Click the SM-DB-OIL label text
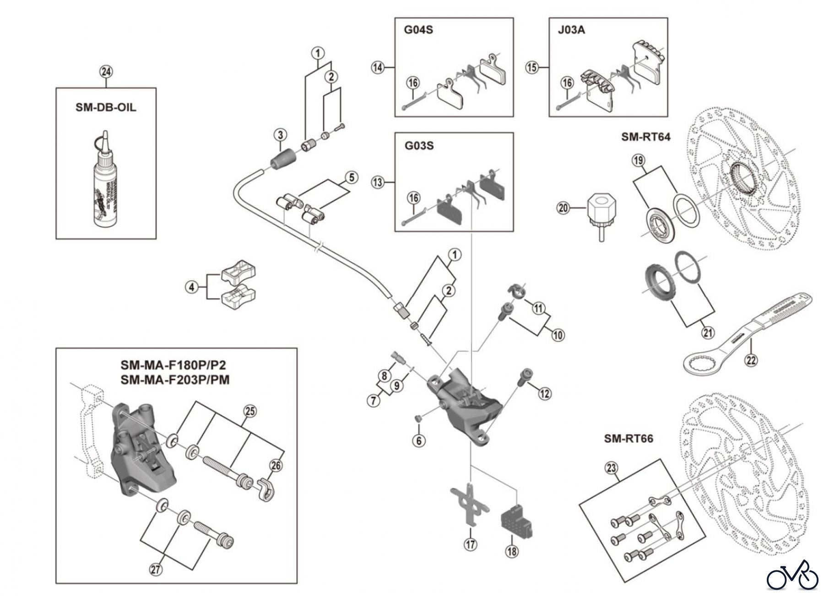(x=106, y=107)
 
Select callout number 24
(x=106, y=72)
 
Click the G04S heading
(x=418, y=30)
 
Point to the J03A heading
(x=572, y=30)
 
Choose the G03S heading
(x=418, y=146)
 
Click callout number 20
(x=563, y=208)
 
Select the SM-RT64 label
(x=645, y=137)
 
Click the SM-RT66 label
(x=629, y=439)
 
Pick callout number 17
(x=471, y=544)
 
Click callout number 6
(x=418, y=440)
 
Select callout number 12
(x=544, y=393)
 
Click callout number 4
(x=192, y=287)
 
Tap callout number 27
(x=156, y=569)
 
